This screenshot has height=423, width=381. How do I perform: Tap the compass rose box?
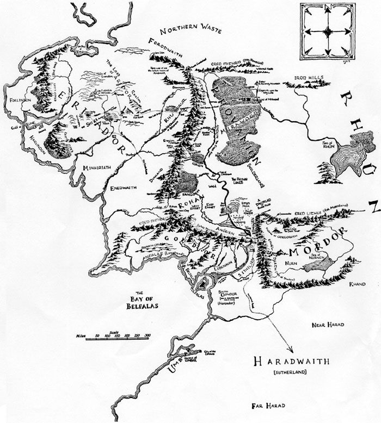tap(327, 31)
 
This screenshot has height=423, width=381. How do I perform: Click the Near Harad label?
tap(327, 325)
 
